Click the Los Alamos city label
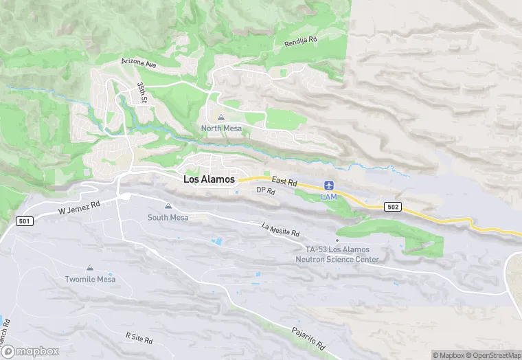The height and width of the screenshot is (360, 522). (209, 179)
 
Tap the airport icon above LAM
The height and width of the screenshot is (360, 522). (329, 185)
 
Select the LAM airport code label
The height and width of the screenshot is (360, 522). (329, 197)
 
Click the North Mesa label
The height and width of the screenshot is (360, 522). (220, 128)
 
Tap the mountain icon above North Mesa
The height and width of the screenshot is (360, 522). (220, 117)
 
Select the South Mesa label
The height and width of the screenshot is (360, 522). (168, 218)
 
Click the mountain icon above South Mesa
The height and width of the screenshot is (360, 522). (168, 206)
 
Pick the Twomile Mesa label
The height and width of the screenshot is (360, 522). (89, 280)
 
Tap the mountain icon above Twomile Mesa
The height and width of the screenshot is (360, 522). (89, 268)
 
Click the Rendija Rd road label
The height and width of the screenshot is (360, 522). (300, 43)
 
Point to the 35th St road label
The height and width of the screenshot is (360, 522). (141, 93)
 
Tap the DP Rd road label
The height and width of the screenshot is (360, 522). (266, 190)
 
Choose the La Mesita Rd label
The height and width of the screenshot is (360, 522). (281, 229)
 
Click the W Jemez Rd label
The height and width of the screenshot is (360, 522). (79, 204)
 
